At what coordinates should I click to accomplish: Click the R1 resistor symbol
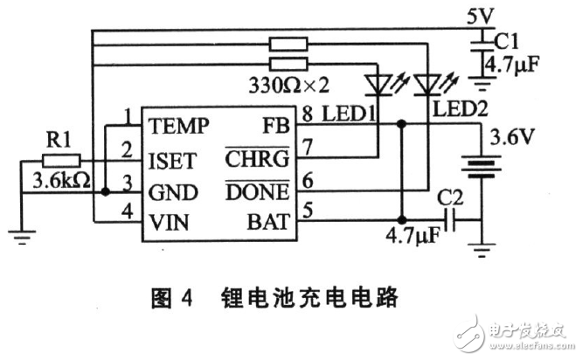point(61,161)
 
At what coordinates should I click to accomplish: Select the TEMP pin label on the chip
point(178,126)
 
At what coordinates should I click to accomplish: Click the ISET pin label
point(172,160)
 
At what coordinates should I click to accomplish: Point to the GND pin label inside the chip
point(173,192)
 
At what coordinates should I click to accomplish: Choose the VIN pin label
point(170,224)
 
